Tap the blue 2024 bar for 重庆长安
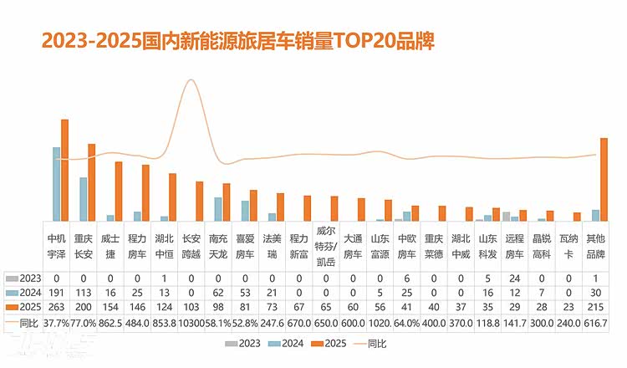84,199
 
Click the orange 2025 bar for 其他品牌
604,179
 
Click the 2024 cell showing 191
57,293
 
